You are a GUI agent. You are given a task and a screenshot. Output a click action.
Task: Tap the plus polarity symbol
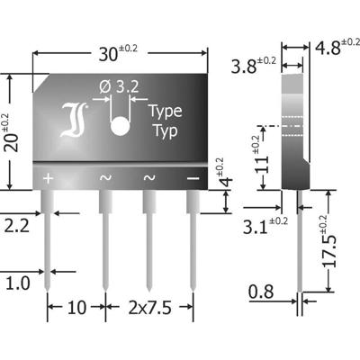[48, 178]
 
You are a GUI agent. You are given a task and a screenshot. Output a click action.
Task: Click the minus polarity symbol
[192, 178]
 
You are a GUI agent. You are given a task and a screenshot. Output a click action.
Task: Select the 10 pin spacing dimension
[75, 310]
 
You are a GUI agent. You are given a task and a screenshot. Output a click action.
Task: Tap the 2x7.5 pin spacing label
[148, 310]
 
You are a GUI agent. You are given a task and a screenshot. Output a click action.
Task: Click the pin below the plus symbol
[48, 234]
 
